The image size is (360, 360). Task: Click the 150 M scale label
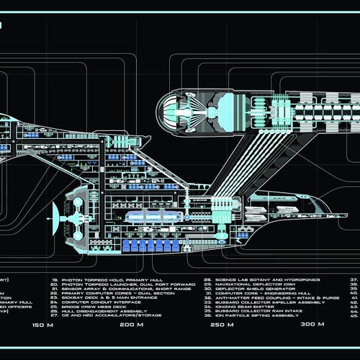(x=42, y=325)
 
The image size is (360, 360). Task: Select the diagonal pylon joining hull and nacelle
(x=245, y=169)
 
